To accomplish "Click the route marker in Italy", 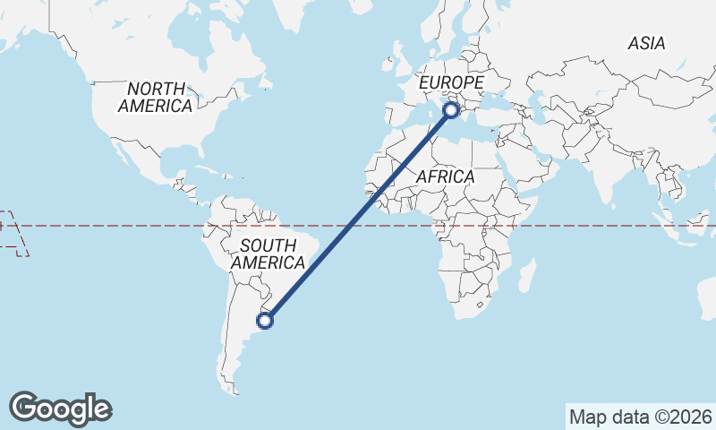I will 451,109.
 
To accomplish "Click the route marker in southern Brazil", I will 265,320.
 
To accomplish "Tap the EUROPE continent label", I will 452,83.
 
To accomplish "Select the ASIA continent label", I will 646,43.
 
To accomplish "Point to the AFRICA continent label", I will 445,177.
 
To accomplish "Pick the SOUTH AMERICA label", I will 268,254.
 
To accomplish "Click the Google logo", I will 61,408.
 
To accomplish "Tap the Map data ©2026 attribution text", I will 640,417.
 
